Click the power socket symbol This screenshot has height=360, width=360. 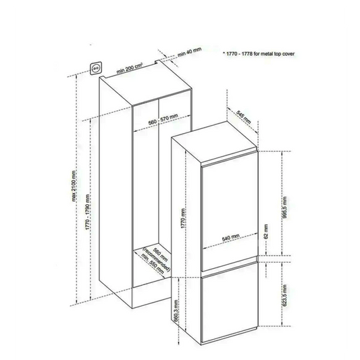pyautogui.click(x=96, y=68)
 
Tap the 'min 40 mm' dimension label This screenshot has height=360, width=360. pyautogui.click(x=189, y=52)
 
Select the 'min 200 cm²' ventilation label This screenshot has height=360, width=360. pyautogui.click(x=129, y=68)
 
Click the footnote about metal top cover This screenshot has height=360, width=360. pyautogui.click(x=259, y=54)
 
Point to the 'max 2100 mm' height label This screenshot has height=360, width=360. pyautogui.click(x=74, y=186)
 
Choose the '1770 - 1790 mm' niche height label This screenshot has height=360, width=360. pyautogui.click(x=88, y=212)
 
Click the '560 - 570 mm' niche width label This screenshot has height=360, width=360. pyautogui.click(x=163, y=120)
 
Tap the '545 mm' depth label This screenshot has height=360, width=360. pyautogui.click(x=244, y=118)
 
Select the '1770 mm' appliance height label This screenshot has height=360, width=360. pyautogui.click(x=183, y=218)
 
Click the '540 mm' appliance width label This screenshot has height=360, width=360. pyautogui.click(x=231, y=237)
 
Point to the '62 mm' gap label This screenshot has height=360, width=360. pyautogui.click(x=266, y=232)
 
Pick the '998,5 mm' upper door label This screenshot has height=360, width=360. pyautogui.click(x=285, y=207)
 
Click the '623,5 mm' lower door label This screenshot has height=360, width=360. pyautogui.click(x=285, y=295)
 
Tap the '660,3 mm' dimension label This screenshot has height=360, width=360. pyautogui.click(x=176, y=311)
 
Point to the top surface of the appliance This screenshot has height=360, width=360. pyautogui.click(x=214, y=143)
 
